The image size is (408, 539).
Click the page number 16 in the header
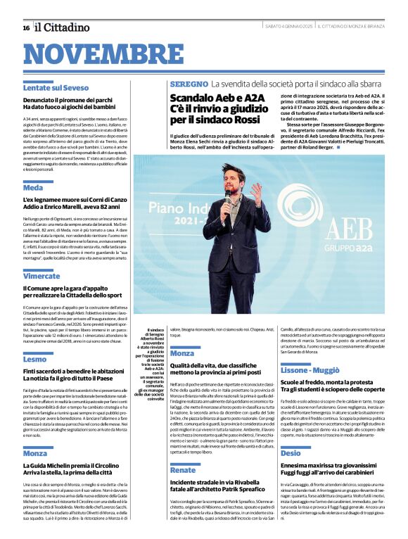[26, 27]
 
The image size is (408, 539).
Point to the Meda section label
[32, 188]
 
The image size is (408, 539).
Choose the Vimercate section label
[41, 276]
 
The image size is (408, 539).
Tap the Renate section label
[183, 469]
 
